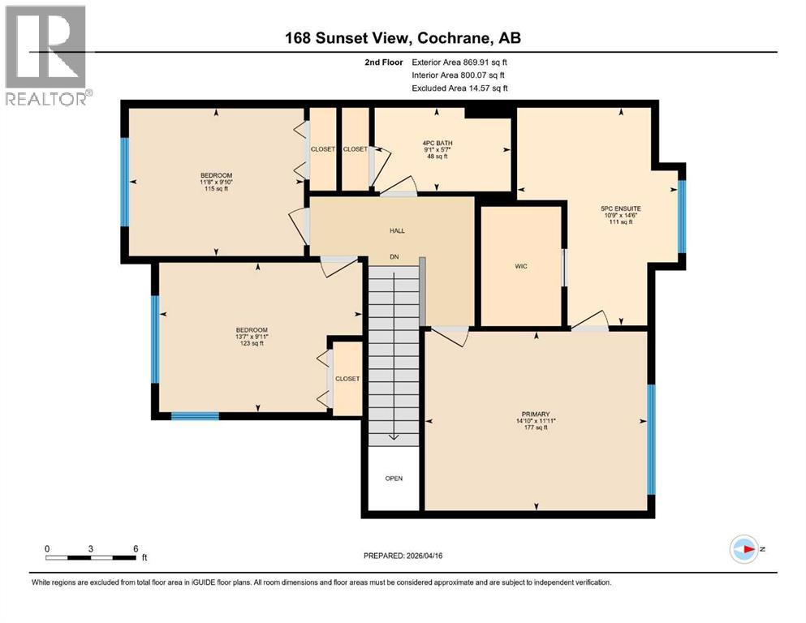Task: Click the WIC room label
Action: coord(521,266)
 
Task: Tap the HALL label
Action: coord(397,230)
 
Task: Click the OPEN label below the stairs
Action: coord(394,478)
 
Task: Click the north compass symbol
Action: coord(744,549)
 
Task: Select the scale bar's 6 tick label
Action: coord(135,548)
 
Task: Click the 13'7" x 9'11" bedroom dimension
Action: coord(251,337)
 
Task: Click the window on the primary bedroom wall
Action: coord(651,439)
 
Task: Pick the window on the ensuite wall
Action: coord(682,216)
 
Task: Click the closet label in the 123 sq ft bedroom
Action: coord(347,379)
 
